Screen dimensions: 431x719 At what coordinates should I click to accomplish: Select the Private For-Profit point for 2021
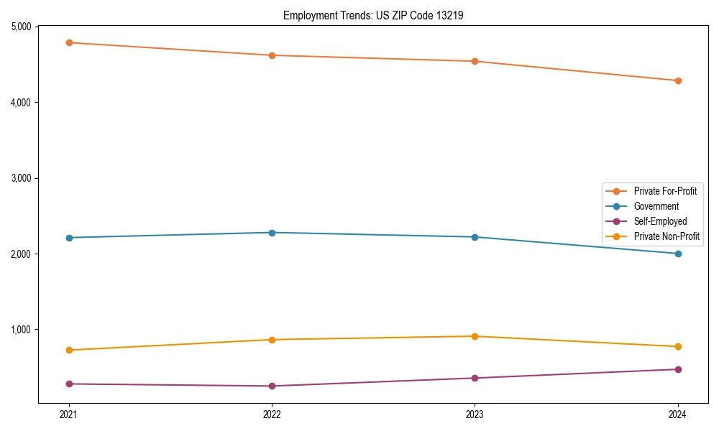click(x=69, y=42)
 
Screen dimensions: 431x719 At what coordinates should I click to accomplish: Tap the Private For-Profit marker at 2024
click(x=678, y=80)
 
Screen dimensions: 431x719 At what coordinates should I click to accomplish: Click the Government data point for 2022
click(x=272, y=233)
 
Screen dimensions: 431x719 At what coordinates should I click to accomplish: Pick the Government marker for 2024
click(x=678, y=254)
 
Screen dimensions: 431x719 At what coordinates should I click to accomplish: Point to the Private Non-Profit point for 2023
click(x=475, y=336)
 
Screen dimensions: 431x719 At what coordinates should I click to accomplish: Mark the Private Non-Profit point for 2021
click(x=69, y=350)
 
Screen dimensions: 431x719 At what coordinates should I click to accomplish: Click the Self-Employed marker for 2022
click(x=272, y=386)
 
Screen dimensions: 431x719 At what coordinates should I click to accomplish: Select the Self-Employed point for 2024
click(x=678, y=369)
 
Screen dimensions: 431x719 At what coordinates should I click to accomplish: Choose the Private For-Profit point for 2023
click(x=475, y=61)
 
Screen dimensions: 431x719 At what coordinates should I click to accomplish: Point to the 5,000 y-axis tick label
click(x=21, y=27)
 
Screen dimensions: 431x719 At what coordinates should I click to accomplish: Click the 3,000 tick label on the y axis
click(x=21, y=178)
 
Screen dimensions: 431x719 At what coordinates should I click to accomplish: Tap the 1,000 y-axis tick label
click(x=21, y=330)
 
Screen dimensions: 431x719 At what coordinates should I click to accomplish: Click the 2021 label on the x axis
click(x=69, y=414)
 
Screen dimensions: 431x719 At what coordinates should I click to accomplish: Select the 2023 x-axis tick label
click(x=475, y=414)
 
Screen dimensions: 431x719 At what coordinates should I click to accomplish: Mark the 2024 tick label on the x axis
click(x=678, y=414)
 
